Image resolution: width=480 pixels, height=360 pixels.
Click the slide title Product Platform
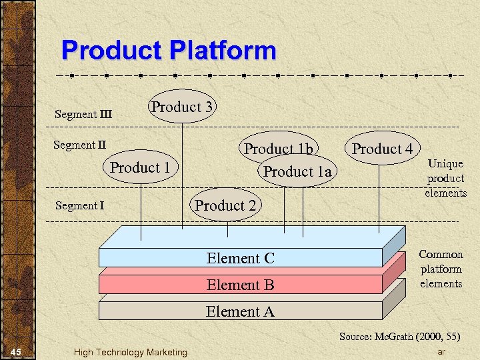click(168, 51)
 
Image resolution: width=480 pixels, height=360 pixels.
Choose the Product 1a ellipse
click(297, 172)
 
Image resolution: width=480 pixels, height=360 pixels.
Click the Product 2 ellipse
click(225, 206)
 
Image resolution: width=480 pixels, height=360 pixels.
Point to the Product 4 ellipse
click(382, 149)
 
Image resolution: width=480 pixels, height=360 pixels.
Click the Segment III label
click(83, 114)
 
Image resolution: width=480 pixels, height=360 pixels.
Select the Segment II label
click(80, 145)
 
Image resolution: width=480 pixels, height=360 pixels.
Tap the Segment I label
click(79, 205)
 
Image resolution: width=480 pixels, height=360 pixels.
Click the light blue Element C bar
click(240, 258)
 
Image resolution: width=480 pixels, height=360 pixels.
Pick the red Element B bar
click(240, 285)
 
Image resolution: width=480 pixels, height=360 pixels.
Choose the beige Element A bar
click(240, 311)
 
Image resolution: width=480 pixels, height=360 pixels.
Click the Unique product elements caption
click(445, 178)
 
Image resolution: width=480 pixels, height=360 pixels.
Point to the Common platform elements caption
click(441, 269)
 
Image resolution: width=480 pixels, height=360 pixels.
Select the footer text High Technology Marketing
click(131, 352)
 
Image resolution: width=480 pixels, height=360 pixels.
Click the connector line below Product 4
click(379, 200)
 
